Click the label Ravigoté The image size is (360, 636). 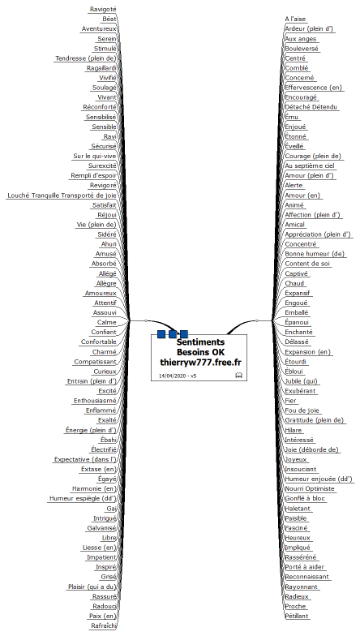coord(103,9)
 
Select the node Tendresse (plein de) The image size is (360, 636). coord(86,58)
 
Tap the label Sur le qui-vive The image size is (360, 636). coord(94,156)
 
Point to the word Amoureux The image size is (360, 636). coord(101,293)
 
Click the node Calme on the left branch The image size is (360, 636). coord(107,323)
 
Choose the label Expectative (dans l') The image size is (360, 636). coord(85,459)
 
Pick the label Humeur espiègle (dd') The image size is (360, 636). coord(83,498)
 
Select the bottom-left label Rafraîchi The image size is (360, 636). coord(104,626)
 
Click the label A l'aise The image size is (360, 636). coord(295,19)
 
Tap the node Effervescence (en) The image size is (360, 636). coord(313,88)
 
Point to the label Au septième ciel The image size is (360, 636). coord(310,165)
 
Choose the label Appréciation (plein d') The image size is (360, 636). coord(318,234)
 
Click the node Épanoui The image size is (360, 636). coord(297,323)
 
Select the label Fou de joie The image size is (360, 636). coord(302,410)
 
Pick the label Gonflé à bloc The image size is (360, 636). coord(305,498)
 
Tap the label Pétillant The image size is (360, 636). coord(297,617)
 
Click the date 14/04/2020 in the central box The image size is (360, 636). coord(172,376)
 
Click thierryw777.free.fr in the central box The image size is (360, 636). coord(200,362)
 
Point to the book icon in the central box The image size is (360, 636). coord(238,375)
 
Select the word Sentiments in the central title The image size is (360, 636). coord(200,342)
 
